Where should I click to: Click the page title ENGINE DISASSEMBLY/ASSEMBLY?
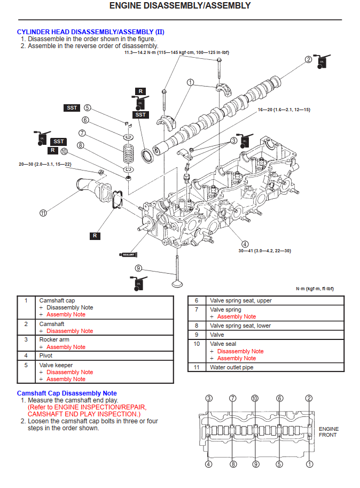pyautogui.click(x=179, y=6)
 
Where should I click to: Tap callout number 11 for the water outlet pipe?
pyautogui.click(x=43, y=213)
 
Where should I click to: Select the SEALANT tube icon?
pyautogui.click(x=129, y=254)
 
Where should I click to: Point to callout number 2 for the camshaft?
pyautogui.click(x=308, y=59)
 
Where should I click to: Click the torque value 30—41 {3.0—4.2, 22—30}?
pyautogui.click(x=264, y=251)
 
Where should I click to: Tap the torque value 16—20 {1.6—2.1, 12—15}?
pyautogui.click(x=284, y=110)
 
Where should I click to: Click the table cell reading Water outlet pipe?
pyautogui.click(x=232, y=368)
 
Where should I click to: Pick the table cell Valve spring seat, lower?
pyautogui.click(x=240, y=326)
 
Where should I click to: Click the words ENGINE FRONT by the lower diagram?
pyautogui.click(x=328, y=432)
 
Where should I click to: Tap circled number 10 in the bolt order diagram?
pyautogui.click(x=255, y=398)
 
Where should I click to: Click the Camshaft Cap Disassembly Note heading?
pyautogui.click(x=67, y=393)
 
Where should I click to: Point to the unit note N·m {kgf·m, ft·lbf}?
pyautogui.click(x=315, y=289)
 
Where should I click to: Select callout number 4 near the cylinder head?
pyautogui.click(x=245, y=244)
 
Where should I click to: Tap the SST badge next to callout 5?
pyautogui.click(x=72, y=108)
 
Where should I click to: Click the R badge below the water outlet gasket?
pyautogui.click(x=95, y=235)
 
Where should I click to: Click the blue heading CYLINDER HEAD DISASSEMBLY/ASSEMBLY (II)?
pyautogui.click(x=90, y=32)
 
